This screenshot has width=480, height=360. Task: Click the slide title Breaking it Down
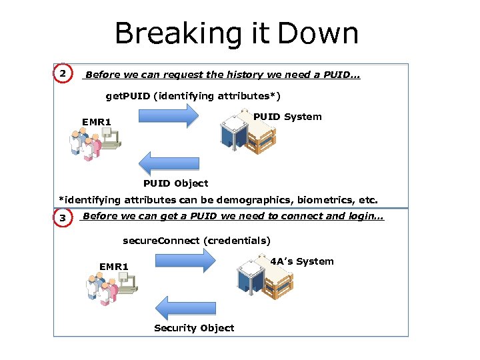tap(237, 33)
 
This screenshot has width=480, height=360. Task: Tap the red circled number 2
tap(62, 73)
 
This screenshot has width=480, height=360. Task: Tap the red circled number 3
tap(62, 218)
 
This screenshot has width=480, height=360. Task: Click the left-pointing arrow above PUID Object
tap(168, 163)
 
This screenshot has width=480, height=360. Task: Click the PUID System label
tap(287, 117)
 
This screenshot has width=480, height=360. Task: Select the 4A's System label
tap(302, 261)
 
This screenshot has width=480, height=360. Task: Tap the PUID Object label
tap(175, 183)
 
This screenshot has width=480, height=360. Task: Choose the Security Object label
tap(194, 328)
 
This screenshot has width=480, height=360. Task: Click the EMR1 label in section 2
tap(96, 122)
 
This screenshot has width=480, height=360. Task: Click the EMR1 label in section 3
tap(113, 267)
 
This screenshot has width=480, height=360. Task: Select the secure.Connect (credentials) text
tap(197, 241)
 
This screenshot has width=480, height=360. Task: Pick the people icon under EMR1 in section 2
tap(93, 143)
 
